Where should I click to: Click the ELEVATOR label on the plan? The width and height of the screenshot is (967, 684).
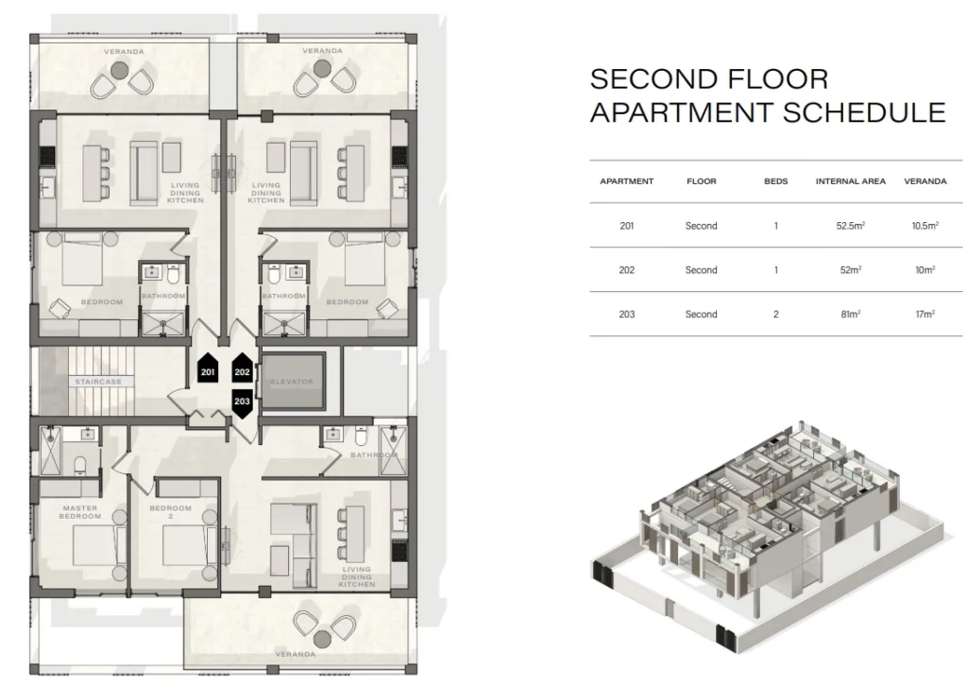pos(292,382)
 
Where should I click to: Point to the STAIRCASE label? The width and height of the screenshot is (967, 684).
pos(98,382)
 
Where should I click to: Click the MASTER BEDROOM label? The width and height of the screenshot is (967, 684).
pos(80,512)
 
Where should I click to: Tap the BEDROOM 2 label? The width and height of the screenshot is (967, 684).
pos(171,512)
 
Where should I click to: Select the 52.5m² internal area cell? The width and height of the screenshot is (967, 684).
pos(851,226)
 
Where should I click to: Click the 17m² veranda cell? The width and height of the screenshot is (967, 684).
pos(925,314)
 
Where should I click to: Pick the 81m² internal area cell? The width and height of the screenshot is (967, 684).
pos(851,314)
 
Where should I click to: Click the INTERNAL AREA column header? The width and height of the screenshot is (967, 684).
pos(851,181)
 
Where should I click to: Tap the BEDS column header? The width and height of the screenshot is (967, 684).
pos(776,181)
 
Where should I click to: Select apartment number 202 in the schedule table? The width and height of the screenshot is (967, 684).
pos(627,270)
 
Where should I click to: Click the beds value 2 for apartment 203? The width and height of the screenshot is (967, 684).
pos(776,314)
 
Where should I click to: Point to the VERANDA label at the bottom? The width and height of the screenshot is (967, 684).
pos(296,654)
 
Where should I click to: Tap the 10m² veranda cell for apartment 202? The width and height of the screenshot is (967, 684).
pos(925,270)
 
